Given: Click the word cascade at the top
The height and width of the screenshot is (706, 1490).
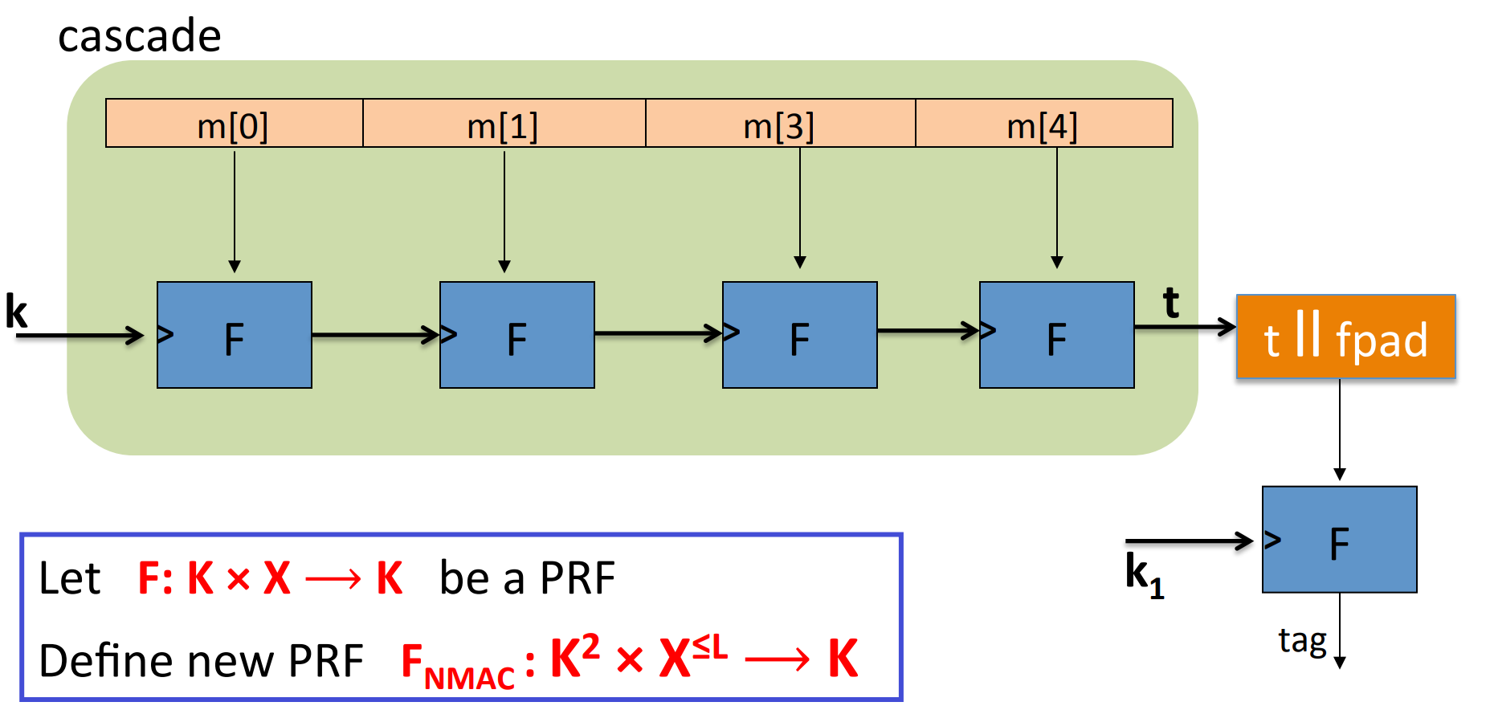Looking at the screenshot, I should (x=139, y=36).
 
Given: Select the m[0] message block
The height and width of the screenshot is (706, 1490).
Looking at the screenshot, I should (x=234, y=124).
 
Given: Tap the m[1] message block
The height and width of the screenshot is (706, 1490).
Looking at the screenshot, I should (x=504, y=124).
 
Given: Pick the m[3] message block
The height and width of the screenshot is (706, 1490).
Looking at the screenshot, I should (x=780, y=124).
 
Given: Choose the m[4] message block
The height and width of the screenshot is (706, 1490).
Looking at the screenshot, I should (x=1043, y=124).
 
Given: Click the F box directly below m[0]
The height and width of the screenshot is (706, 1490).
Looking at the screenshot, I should (x=235, y=335).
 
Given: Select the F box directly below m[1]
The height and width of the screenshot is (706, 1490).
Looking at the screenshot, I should (x=517, y=335).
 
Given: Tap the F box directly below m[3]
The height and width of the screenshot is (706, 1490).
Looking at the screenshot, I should (x=800, y=335).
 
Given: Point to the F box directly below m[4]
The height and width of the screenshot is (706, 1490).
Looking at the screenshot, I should (x=1057, y=335).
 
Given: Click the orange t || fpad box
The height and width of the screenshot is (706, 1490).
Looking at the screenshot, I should (x=1345, y=337).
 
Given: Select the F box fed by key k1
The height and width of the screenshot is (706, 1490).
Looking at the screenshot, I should (x=1339, y=540).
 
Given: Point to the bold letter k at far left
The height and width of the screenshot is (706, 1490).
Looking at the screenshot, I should (x=16, y=312).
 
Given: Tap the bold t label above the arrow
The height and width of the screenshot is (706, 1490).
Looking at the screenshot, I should (x=1171, y=304).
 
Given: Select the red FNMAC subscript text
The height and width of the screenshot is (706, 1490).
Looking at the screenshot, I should (x=468, y=679).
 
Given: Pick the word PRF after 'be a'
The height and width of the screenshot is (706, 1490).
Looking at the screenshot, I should (x=577, y=578).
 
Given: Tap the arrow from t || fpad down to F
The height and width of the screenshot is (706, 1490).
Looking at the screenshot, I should (x=1340, y=430).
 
